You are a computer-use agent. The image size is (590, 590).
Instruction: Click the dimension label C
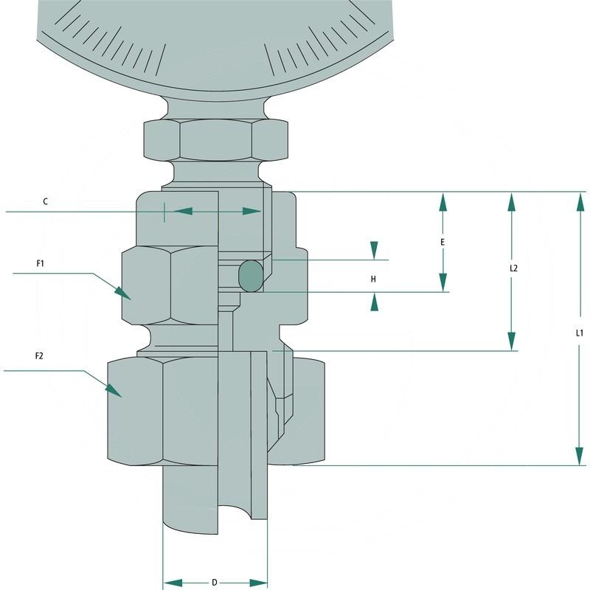pos(46,201)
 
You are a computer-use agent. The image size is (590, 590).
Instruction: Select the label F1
pos(40,263)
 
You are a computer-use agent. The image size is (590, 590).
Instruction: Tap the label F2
pos(40,356)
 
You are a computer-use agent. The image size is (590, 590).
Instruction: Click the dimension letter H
pos(373,280)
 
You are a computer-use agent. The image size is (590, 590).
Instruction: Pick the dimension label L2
pos(514,268)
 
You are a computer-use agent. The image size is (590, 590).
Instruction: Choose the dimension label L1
pos(580,333)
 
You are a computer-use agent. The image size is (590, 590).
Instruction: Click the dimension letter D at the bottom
pos(215,583)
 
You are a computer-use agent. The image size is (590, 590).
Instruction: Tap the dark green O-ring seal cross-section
pos(250,276)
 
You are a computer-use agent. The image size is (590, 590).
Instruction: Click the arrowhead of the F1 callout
pos(122,292)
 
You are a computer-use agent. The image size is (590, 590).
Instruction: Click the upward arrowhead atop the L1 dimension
pos(580,201)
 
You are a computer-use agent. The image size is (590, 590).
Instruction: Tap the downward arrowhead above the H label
pos(375,251)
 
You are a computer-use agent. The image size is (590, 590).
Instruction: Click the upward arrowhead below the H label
pos(375,301)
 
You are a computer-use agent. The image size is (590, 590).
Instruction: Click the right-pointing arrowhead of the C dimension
pos(253,212)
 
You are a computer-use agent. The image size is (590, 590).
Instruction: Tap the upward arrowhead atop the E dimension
pos(442,201)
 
